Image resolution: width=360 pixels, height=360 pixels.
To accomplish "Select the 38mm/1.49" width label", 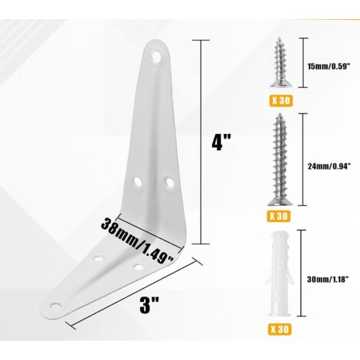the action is [138, 241].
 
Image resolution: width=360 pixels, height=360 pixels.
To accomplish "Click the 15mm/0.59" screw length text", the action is [329, 67].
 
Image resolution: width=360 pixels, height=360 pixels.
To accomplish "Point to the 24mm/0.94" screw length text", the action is [329, 166].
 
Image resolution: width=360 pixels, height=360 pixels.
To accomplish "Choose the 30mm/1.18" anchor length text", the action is [328, 280].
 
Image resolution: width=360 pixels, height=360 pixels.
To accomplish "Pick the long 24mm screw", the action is [280, 159].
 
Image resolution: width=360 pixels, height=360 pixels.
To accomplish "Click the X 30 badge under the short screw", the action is [281, 101].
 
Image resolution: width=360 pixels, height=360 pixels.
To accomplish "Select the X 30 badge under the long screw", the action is [280, 217].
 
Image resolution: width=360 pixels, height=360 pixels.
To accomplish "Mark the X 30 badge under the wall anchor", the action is [280, 329].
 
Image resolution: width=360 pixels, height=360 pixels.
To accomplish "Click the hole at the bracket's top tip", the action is [156, 56].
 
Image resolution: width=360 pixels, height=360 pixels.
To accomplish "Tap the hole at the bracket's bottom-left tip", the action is [56, 306].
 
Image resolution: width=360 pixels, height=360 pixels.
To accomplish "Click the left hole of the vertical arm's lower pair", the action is [138, 181].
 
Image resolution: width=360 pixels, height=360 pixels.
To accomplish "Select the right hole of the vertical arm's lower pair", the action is [169, 182].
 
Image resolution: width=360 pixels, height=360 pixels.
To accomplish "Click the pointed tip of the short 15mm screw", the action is [280, 39].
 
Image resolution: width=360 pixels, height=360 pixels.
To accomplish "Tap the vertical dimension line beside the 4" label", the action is [201, 142].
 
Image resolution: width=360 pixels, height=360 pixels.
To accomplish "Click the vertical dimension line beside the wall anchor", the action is [303, 273].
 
